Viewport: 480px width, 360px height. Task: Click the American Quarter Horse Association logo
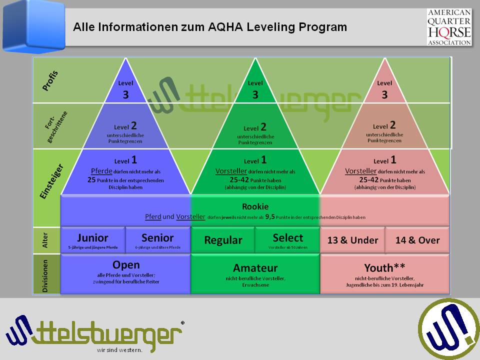tap(449, 27)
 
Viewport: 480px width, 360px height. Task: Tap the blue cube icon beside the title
tap(33, 26)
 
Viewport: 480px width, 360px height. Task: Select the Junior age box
tap(92, 240)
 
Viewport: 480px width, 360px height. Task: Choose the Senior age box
tap(157, 240)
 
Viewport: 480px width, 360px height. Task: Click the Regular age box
tap(223, 240)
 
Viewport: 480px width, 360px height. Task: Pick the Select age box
tap(287, 240)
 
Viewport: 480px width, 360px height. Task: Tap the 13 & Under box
tap(352, 240)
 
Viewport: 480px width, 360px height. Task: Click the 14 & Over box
tap(417, 240)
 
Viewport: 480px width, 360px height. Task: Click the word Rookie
tap(255, 206)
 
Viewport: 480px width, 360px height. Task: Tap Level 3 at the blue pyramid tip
tap(125, 89)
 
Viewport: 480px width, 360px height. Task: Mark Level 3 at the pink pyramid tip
tap(384, 89)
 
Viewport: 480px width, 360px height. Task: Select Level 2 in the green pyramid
tap(255, 127)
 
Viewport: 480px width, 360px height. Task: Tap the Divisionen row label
tap(45, 275)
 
